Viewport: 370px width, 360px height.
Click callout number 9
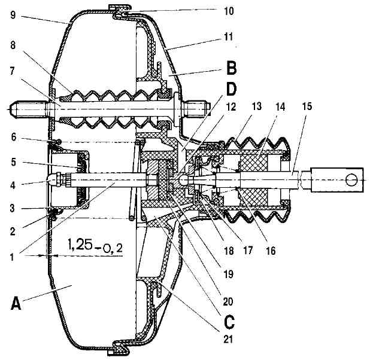(13, 15)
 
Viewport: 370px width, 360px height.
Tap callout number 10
(228, 11)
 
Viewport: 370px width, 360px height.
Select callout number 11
(228, 36)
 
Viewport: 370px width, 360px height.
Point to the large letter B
(231, 68)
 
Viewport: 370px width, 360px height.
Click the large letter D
(231, 89)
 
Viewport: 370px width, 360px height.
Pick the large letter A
(16, 303)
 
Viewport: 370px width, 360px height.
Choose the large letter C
(229, 322)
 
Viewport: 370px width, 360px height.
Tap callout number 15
(307, 106)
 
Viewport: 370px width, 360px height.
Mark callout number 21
(228, 340)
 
